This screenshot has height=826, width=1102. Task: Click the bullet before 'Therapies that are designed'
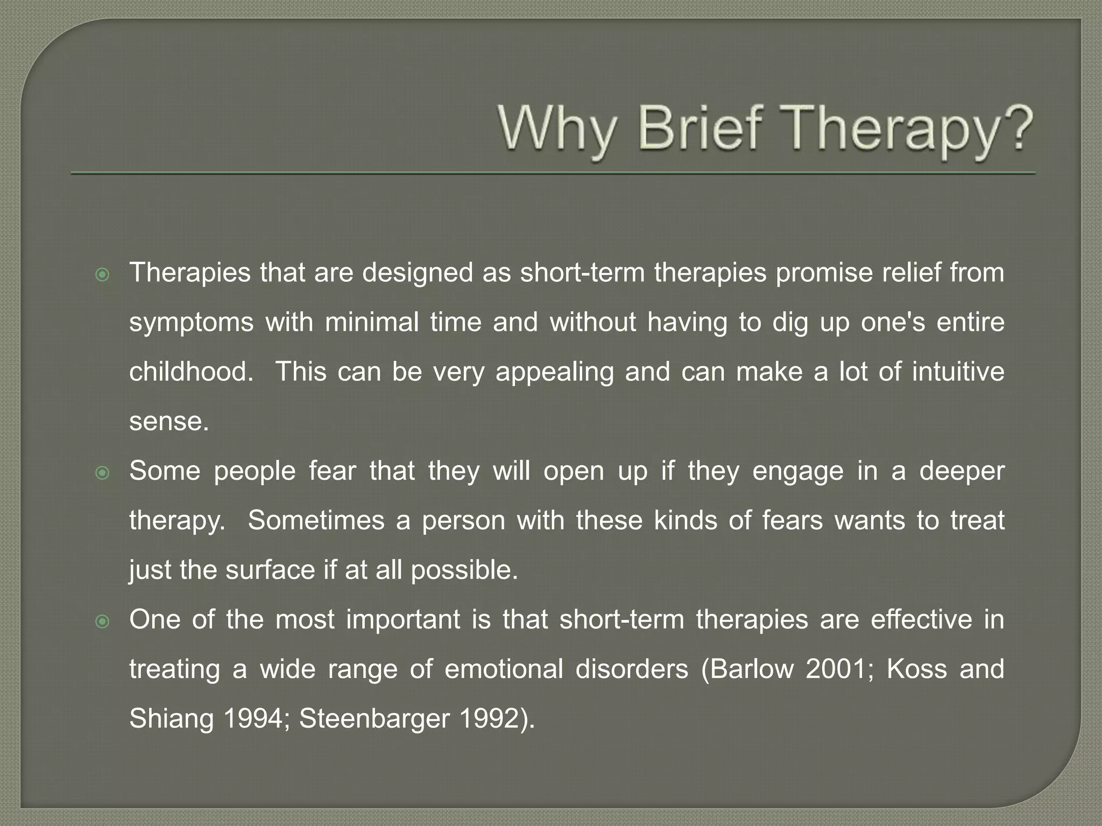(102, 275)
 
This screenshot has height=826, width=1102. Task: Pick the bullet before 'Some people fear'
(102, 473)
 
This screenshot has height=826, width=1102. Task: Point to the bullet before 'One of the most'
(102, 622)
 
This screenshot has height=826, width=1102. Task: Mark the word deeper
(962, 472)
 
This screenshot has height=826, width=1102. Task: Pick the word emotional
(504, 670)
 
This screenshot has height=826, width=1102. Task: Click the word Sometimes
(316, 521)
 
